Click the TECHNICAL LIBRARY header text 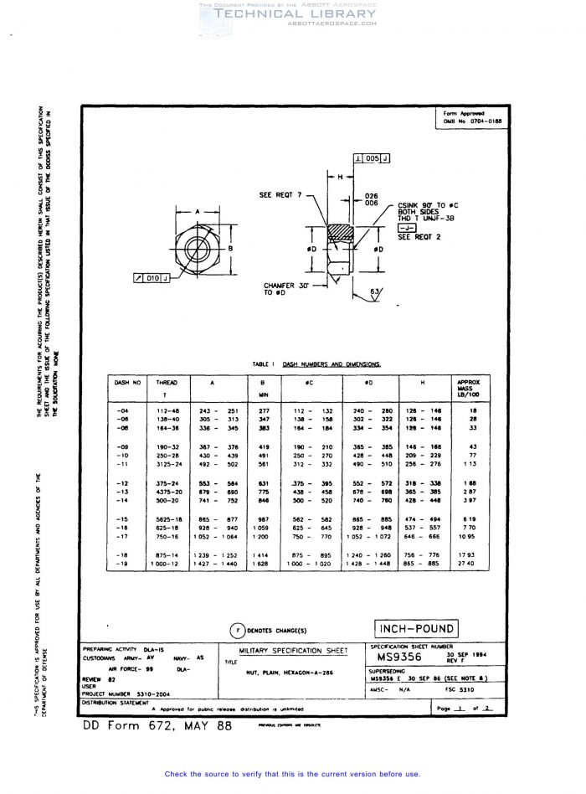[296, 14]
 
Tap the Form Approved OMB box [464, 117]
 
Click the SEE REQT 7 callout [280, 195]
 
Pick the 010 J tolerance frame [151, 278]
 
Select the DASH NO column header [128, 382]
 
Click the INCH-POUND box [415, 629]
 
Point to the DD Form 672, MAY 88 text [157, 726]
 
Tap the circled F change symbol [238, 630]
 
